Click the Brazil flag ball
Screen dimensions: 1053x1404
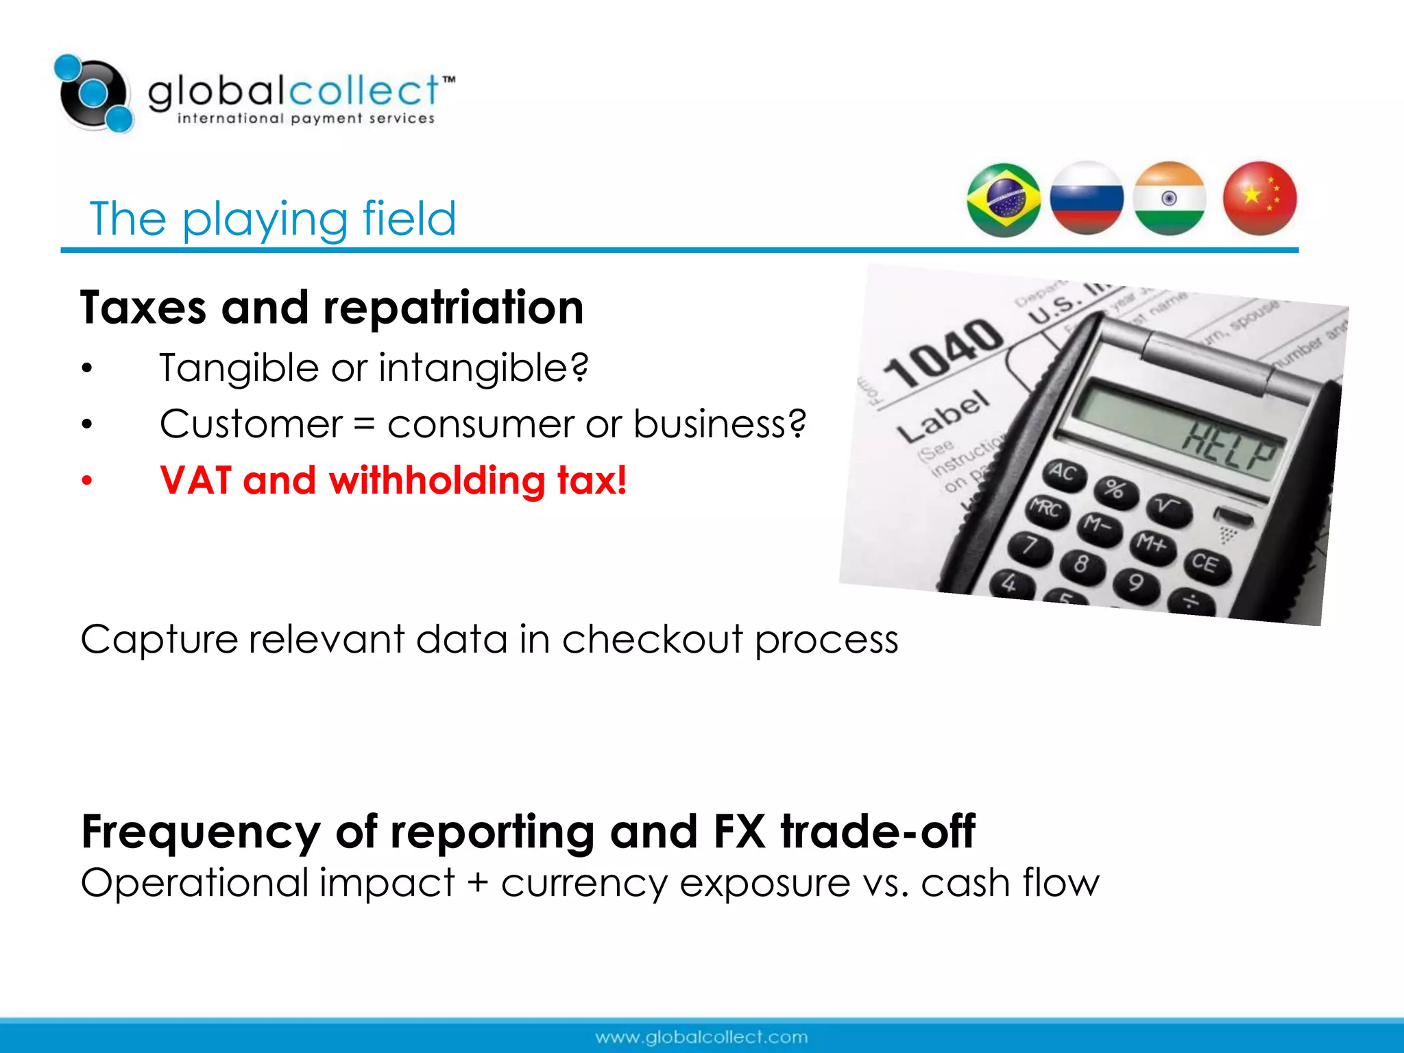pyautogui.click(x=1004, y=200)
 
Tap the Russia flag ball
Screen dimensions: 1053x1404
pyautogui.click(x=1087, y=199)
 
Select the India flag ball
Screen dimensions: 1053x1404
pyautogui.click(x=1170, y=199)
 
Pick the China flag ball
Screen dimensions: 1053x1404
pyautogui.click(x=1260, y=198)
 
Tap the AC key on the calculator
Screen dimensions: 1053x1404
pyautogui.click(x=1063, y=472)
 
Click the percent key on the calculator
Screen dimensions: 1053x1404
pyautogui.click(x=1115, y=489)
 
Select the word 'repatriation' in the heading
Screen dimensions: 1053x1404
pyautogui.click(x=453, y=308)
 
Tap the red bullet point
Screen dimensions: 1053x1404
pyautogui.click(x=86, y=481)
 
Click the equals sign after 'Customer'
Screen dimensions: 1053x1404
pyautogui.click(x=365, y=425)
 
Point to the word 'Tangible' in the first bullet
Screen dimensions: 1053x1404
pyautogui.click(x=239, y=368)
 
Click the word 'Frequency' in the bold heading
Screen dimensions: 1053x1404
pyautogui.click(x=201, y=832)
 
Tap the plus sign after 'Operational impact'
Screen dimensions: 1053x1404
pyautogui.click(x=478, y=883)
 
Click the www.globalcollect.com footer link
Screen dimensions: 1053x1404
pyautogui.click(x=701, y=1037)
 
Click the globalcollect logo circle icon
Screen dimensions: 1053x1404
pyautogui.click(x=94, y=93)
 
